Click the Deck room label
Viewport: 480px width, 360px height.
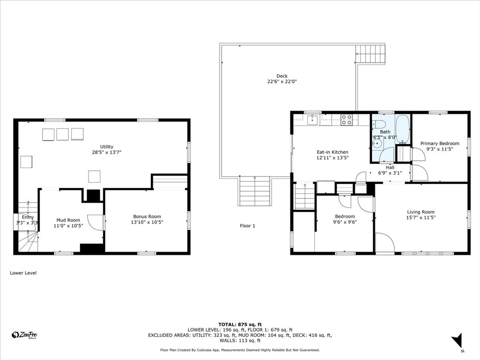click(282, 76)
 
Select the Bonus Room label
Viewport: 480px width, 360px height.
click(147, 217)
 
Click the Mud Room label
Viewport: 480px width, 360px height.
click(68, 220)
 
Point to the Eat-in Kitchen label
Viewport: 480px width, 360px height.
click(332, 152)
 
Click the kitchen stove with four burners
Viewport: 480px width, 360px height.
click(346, 120)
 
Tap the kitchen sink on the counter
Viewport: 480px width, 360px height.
click(313, 120)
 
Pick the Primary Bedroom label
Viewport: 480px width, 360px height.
click(439, 143)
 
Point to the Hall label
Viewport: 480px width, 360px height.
click(390, 167)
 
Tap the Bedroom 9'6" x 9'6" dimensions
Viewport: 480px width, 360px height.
click(345, 222)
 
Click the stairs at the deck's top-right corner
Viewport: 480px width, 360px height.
click(370, 54)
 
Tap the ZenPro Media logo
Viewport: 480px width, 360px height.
click(24, 335)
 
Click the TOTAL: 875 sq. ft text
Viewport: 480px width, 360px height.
click(240, 324)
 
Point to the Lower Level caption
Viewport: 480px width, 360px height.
click(23, 273)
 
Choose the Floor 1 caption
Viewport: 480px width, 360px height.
click(247, 226)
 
